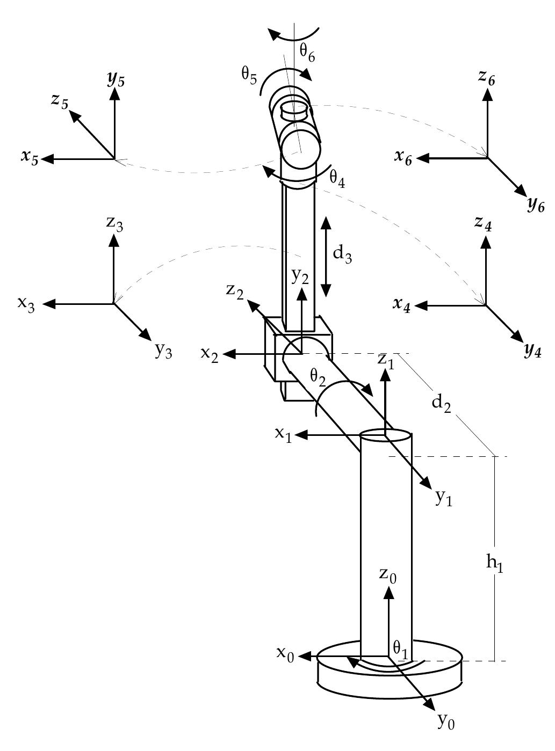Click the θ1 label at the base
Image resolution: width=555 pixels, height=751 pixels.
(401, 648)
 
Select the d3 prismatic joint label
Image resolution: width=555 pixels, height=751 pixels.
(342, 253)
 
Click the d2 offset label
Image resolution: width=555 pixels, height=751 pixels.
(442, 403)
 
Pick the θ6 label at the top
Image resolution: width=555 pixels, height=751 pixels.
(307, 53)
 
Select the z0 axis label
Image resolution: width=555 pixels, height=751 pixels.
(387, 574)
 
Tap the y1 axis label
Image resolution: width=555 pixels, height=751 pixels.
(444, 499)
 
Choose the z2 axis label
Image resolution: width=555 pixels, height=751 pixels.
(235, 290)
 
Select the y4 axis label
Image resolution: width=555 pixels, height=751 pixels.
(532, 352)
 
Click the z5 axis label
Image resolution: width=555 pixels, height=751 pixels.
(60, 101)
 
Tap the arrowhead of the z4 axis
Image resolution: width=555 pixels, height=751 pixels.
(486, 241)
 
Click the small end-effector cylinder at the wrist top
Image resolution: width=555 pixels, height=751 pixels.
(295, 110)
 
